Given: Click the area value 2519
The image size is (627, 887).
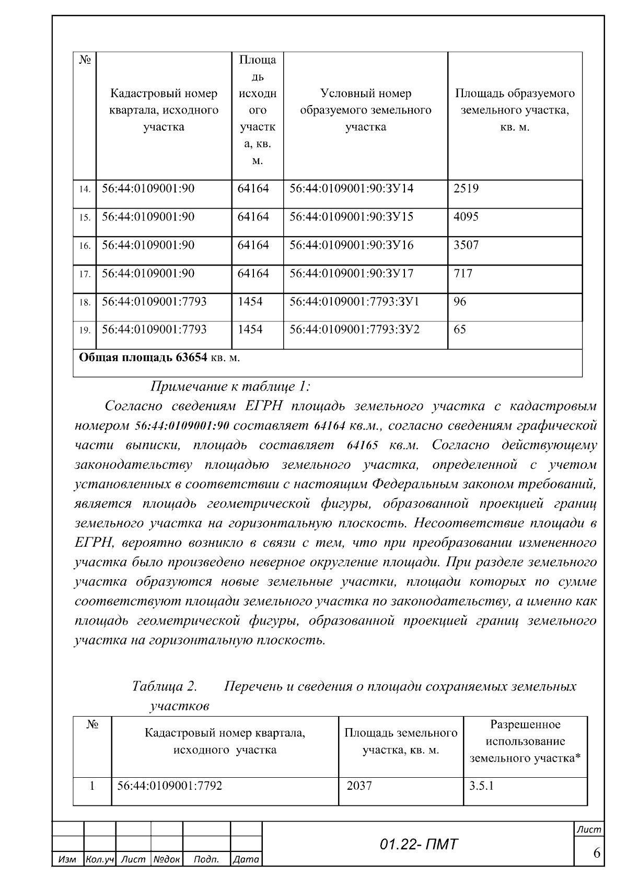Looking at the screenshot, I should point(466,189).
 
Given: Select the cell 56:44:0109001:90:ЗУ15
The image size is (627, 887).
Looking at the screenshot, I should point(351,217).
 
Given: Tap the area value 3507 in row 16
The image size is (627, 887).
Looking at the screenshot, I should point(466,245).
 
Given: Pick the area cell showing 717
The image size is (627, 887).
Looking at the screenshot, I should point(463,273).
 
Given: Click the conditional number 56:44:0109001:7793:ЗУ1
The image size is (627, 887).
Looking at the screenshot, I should point(354,302).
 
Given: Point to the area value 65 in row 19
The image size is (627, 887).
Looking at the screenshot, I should point(460,330).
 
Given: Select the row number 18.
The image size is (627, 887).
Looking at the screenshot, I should point(85,303).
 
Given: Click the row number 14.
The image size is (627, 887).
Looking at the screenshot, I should point(85,189).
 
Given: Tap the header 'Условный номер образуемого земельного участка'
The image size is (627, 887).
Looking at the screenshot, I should point(365,110).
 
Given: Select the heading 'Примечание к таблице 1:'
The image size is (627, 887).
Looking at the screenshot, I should point(230,387).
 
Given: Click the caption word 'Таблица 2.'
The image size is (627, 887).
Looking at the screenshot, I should point(165,686).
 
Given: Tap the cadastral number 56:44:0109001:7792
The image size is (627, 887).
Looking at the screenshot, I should point(170,786).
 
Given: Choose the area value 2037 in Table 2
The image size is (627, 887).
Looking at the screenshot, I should point(359,786).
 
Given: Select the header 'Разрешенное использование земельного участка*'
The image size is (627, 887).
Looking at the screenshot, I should point(525,741).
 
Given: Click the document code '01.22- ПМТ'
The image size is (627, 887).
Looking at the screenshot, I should point(418,844).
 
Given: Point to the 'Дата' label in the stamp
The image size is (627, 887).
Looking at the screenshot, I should point(246,859).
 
